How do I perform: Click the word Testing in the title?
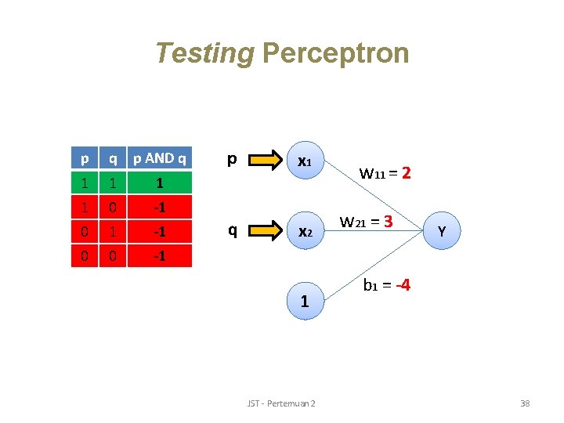click(x=205, y=53)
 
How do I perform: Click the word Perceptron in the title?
click(x=335, y=53)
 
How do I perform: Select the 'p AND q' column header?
click(x=160, y=159)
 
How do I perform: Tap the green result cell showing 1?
click(x=160, y=183)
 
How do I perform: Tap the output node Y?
click(x=443, y=231)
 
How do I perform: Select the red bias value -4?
click(x=403, y=286)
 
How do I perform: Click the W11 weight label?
click(x=374, y=172)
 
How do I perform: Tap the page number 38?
click(x=525, y=403)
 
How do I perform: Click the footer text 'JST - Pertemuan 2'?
click(x=281, y=403)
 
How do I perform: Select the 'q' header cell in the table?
click(x=113, y=159)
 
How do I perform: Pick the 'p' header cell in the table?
click(x=84, y=159)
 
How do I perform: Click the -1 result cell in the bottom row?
click(x=160, y=255)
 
